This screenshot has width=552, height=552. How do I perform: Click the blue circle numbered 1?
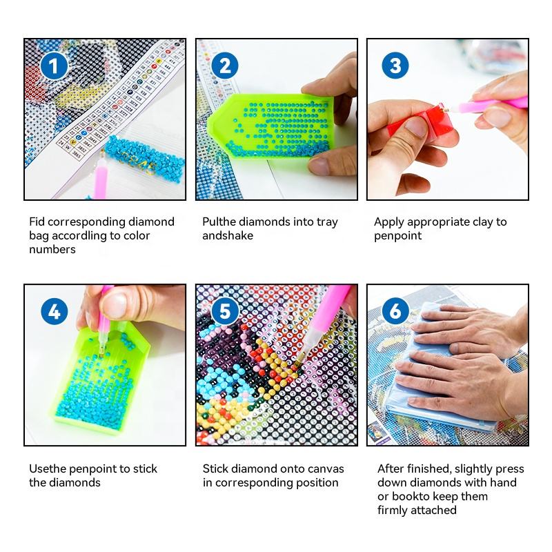pyautogui.click(x=54, y=66)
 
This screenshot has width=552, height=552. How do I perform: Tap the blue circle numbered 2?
pyautogui.click(x=225, y=66)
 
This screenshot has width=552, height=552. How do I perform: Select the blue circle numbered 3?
pyautogui.click(x=395, y=66)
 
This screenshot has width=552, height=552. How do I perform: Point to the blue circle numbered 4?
pyautogui.click(x=55, y=311)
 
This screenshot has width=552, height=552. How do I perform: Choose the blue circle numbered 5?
pyautogui.click(x=225, y=311)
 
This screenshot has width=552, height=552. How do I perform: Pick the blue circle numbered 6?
pyautogui.click(x=395, y=311)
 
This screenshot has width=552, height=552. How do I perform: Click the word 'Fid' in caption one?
pyautogui.click(x=37, y=221)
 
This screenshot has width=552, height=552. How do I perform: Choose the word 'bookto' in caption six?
pyautogui.click(x=408, y=496)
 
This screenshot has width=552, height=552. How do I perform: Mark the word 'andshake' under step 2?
pyautogui.click(x=228, y=235)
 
